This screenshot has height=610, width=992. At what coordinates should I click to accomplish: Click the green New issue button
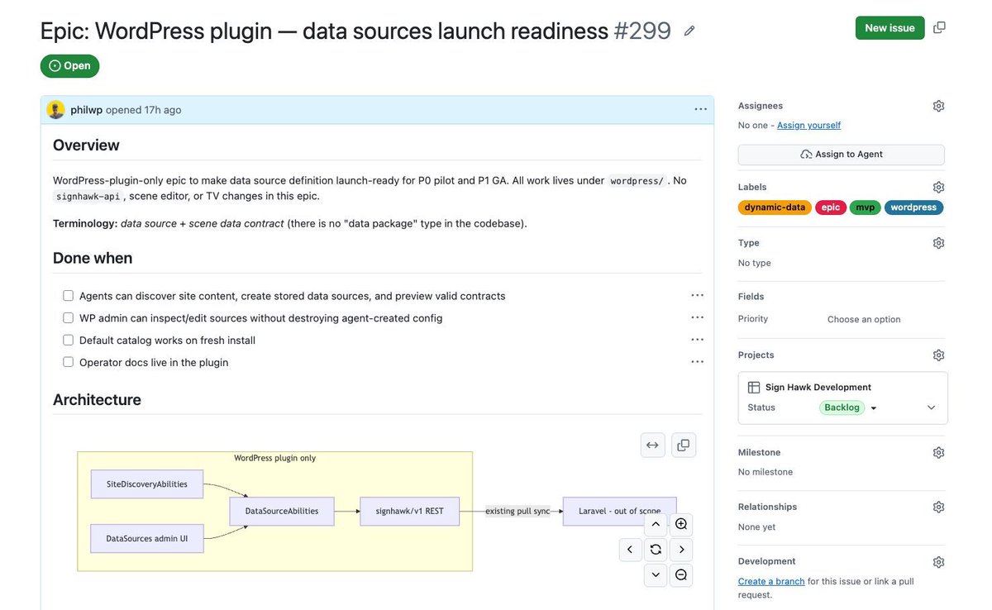tap(889, 28)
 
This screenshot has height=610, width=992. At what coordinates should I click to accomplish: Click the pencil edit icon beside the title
tap(689, 31)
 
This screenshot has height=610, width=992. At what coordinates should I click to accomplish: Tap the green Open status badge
tap(69, 66)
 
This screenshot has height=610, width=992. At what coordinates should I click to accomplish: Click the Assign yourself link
tap(808, 126)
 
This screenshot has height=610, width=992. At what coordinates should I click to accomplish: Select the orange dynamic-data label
tap(775, 207)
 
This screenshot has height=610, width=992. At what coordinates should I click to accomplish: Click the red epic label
tap(830, 207)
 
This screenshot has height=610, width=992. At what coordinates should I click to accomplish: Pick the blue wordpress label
tap(913, 207)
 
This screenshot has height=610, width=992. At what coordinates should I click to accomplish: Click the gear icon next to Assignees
tap(938, 106)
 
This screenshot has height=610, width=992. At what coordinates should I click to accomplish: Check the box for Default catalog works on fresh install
tap(68, 340)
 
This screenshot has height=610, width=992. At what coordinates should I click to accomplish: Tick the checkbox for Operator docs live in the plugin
tap(68, 362)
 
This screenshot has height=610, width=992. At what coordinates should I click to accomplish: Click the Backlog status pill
tap(842, 407)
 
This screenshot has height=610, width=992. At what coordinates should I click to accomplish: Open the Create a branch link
tap(771, 581)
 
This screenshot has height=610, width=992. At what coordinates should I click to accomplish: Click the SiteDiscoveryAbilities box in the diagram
tap(147, 484)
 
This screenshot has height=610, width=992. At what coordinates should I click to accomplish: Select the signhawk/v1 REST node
tap(410, 511)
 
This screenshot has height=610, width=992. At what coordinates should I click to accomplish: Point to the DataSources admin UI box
tap(147, 538)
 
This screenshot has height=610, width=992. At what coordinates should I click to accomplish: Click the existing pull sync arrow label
tap(517, 511)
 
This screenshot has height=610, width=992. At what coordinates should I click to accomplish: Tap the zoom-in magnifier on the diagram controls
tap(680, 524)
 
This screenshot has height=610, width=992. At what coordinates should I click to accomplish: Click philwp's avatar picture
tap(56, 110)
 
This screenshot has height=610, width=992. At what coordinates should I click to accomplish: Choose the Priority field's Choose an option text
tap(864, 319)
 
